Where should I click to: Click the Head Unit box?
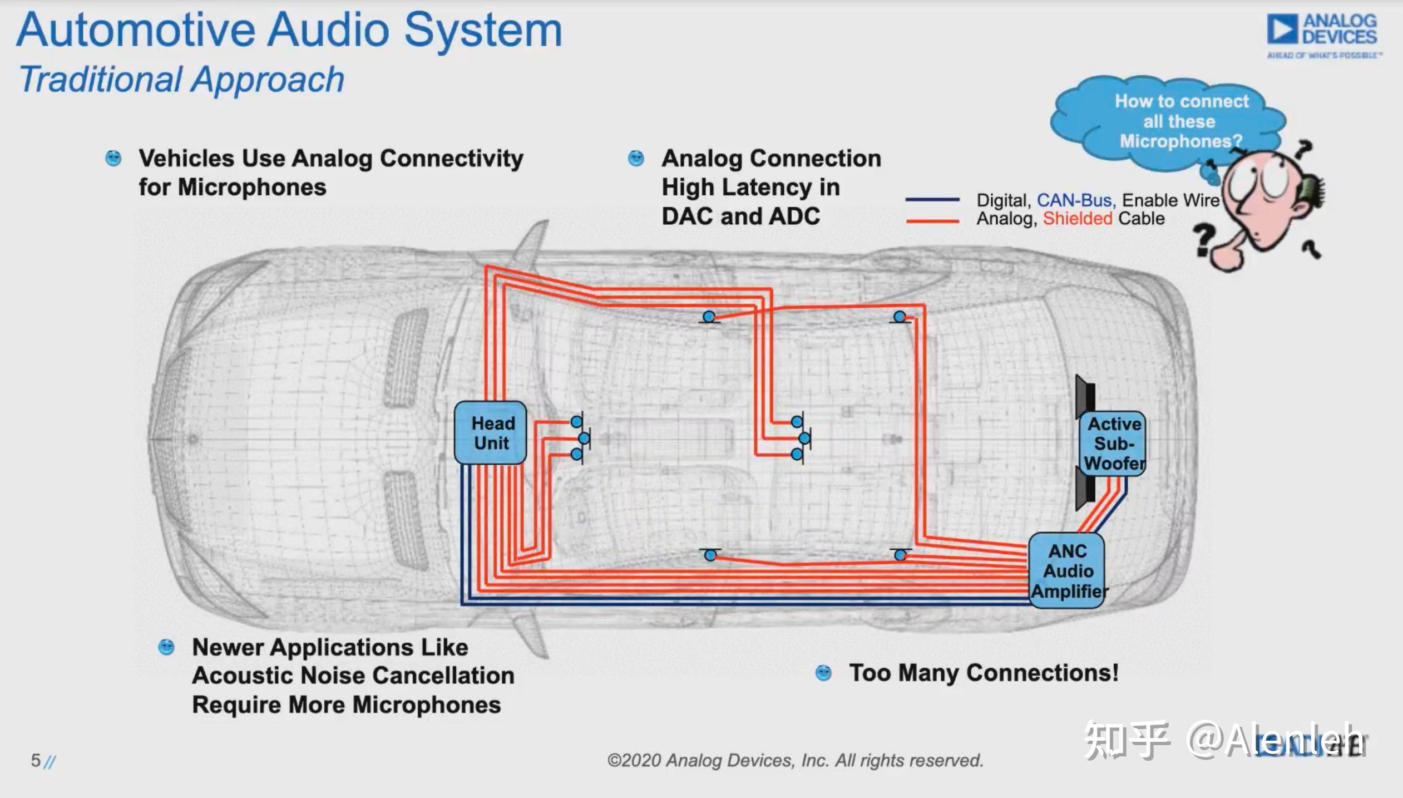pyautogui.click(x=490, y=433)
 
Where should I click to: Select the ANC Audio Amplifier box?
pyautogui.click(x=1066, y=570)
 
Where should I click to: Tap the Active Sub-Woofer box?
pyautogui.click(x=1113, y=444)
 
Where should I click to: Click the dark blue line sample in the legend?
pyautogui.click(x=932, y=199)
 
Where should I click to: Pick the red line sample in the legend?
pyautogui.click(x=932, y=221)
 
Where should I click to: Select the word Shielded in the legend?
pyautogui.click(x=1078, y=219)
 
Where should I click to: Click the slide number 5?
pyautogui.click(x=36, y=760)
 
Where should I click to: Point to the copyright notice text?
pyautogui.click(x=795, y=760)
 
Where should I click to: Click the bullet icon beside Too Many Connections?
pyautogui.click(x=823, y=673)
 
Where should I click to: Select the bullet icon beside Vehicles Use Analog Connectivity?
pyautogui.click(x=113, y=159)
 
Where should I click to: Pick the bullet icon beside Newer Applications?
pyautogui.click(x=166, y=647)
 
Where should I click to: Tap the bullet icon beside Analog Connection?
pyautogui.click(x=636, y=159)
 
